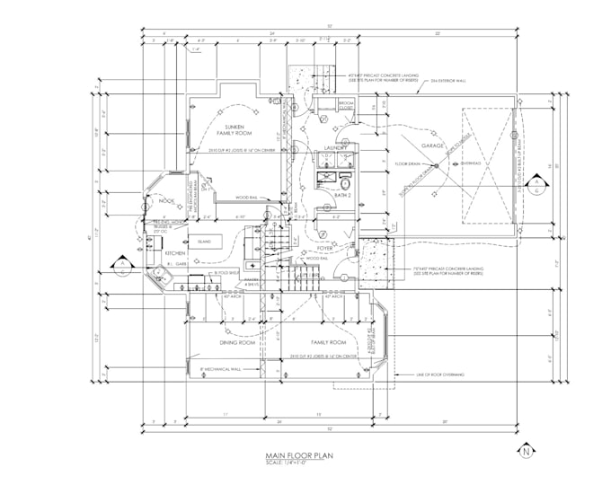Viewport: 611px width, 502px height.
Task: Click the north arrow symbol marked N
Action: click(527, 452)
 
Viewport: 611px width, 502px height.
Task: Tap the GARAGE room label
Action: click(434, 145)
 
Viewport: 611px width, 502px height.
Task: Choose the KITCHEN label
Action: click(175, 253)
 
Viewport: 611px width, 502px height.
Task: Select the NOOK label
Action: click(165, 201)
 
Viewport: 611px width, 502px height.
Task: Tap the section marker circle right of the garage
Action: click(536, 186)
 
